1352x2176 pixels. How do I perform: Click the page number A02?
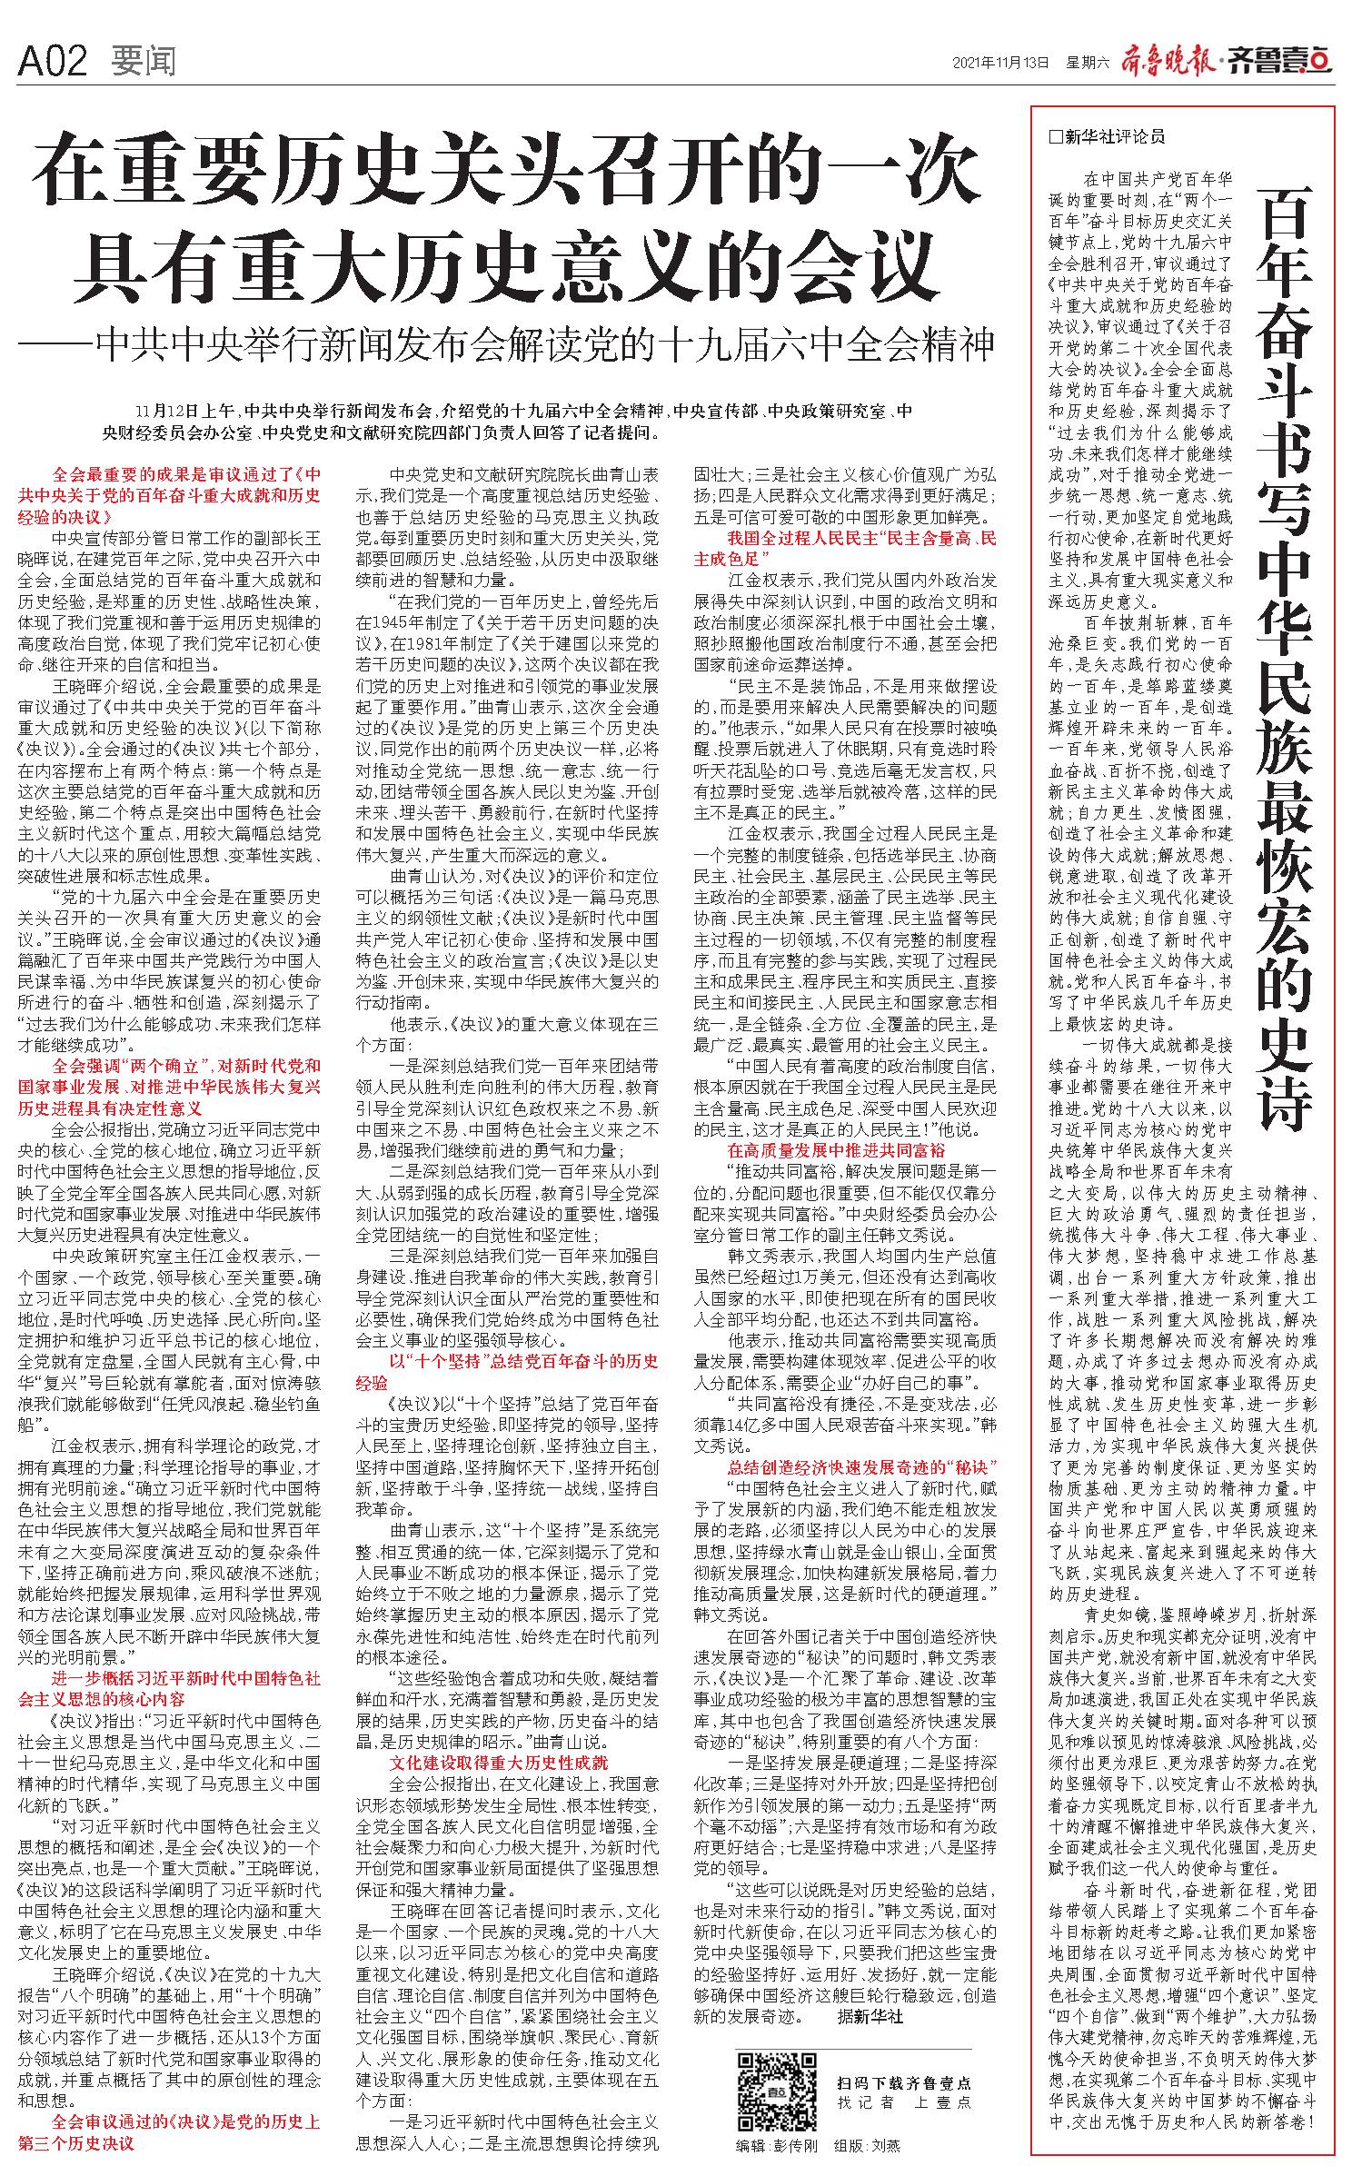coord(53,62)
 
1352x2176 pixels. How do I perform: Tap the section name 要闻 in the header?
coord(143,62)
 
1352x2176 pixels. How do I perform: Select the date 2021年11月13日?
coord(1001,63)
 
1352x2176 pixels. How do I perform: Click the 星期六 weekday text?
coord(1089,63)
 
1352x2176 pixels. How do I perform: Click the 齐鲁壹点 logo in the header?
coord(1282,61)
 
